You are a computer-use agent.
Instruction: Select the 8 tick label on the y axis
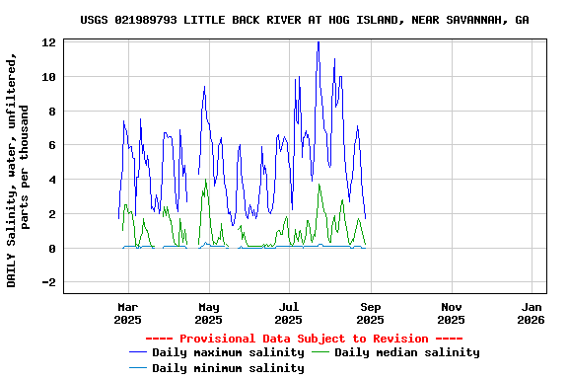[x=51, y=112]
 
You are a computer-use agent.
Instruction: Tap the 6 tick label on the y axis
[x=51, y=145]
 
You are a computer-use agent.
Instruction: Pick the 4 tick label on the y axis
[x=51, y=180]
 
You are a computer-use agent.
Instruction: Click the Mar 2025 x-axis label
[x=127, y=313]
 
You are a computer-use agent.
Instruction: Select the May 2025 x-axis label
[x=208, y=313]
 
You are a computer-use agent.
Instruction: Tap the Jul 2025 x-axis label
[x=289, y=313]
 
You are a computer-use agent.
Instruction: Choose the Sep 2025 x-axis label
[x=370, y=313]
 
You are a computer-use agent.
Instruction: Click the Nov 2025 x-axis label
[x=451, y=313]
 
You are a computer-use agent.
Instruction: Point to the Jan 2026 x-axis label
[x=532, y=313]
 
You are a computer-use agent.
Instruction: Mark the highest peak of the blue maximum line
[x=318, y=42]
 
